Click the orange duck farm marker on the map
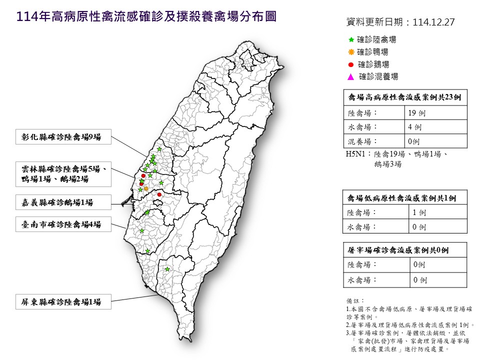click(146, 188)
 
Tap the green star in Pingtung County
click(167, 269)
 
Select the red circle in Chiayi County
click(159, 194)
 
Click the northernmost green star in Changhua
click(159, 149)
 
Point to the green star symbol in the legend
click(351, 39)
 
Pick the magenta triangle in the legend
click(351, 77)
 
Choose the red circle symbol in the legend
click(351, 64)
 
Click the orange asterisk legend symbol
click(351, 52)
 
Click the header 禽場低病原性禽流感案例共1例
click(404, 198)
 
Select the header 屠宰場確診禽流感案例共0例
click(404, 250)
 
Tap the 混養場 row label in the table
click(360, 141)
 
